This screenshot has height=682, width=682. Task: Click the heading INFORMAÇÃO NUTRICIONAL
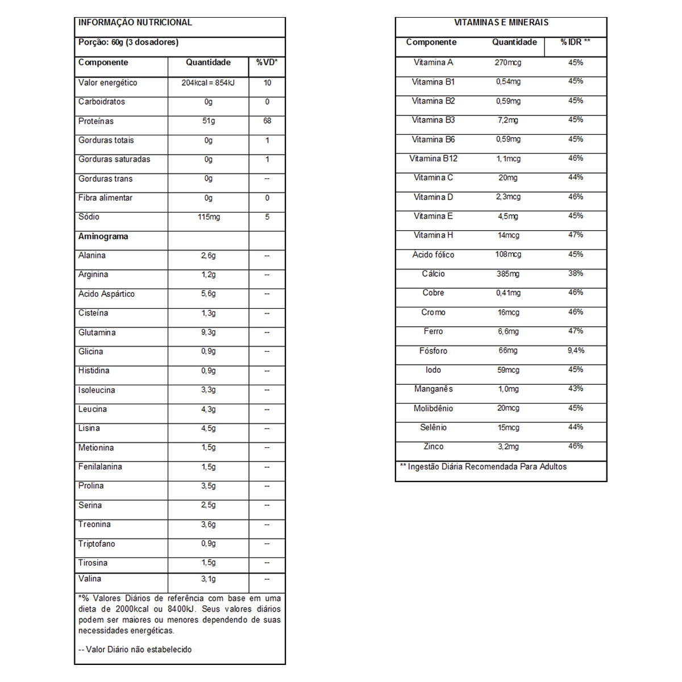(135, 23)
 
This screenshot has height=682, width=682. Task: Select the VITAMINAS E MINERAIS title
(501, 23)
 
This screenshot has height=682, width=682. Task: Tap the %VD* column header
(267, 63)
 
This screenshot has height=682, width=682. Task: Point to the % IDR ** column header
(575, 42)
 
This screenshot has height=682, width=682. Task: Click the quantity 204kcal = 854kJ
(208, 83)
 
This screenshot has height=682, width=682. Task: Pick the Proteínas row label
(96, 121)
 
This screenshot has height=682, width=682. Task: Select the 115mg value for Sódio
(209, 217)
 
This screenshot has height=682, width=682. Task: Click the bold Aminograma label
(103, 236)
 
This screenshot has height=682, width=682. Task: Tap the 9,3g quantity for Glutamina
(208, 332)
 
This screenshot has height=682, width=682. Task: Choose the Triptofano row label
(97, 544)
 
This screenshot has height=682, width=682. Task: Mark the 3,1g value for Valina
(208, 579)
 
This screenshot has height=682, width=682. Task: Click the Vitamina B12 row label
(433, 159)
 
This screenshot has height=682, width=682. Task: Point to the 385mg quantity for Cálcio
(508, 274)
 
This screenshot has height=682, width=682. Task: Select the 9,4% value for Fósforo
(576, 351)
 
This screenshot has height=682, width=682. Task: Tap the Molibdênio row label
(433, 409)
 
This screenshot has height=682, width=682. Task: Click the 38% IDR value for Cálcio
(576, 273)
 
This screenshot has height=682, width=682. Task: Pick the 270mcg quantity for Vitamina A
(508, 63)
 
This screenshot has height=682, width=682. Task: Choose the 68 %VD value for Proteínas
(267, 121)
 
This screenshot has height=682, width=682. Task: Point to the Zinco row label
(433, 447)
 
